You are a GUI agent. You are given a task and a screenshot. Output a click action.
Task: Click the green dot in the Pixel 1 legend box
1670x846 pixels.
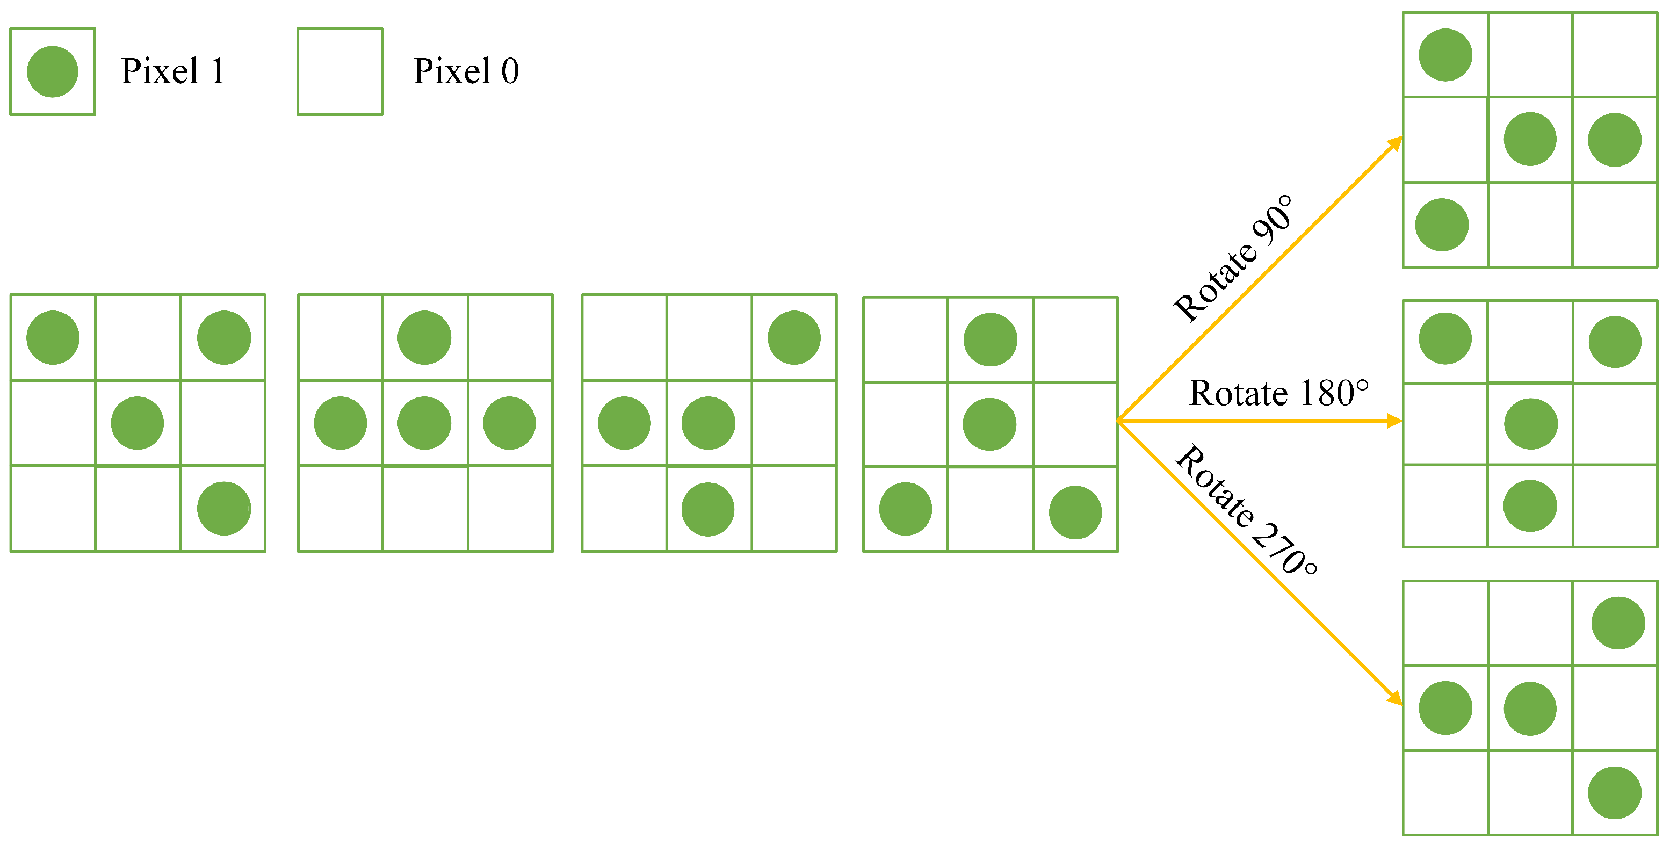53,71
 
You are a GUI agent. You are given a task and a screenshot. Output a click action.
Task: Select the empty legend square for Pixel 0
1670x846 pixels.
339,71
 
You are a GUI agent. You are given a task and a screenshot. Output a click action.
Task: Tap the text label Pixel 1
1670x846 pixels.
172,71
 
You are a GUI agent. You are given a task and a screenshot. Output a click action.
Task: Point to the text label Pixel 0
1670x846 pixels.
466,71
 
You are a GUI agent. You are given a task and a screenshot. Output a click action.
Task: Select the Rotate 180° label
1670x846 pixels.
1278,393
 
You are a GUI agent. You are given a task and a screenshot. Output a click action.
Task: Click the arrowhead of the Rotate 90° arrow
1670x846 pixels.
1396,143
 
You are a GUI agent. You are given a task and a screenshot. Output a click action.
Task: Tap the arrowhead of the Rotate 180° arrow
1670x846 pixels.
1394,421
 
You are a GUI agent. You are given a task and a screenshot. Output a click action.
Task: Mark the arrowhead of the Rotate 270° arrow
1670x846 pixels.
1395,699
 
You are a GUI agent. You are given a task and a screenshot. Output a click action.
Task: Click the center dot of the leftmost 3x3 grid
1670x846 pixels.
138,423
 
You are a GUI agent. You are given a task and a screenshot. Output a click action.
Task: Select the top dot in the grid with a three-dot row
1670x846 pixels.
425,338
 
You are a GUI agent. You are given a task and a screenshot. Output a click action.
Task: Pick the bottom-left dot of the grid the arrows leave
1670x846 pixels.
906,509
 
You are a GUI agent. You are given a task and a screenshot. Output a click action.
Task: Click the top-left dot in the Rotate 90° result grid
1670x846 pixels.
1445,55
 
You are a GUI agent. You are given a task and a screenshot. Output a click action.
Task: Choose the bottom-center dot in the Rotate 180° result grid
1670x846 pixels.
1530,505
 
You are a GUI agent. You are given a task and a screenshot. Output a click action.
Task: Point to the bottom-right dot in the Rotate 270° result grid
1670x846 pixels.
1614,793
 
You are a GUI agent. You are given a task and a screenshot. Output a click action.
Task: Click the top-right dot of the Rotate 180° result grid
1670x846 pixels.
1615,342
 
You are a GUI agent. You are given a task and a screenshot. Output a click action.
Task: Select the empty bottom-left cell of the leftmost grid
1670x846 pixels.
53,509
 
